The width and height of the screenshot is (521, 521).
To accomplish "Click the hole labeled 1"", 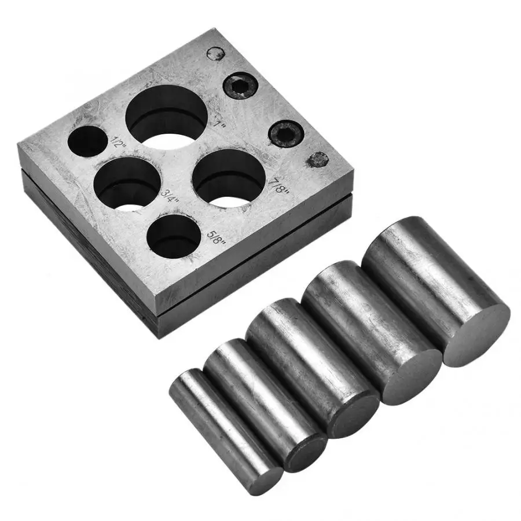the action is (x=167, y=117).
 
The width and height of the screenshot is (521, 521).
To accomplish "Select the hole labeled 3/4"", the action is (x=127, y=184).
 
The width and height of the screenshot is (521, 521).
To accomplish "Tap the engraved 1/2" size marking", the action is (x=118, y=142).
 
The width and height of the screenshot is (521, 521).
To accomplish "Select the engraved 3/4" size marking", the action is (x=170, y=197).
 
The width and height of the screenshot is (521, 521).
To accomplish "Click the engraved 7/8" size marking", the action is (x=280, y=186).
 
